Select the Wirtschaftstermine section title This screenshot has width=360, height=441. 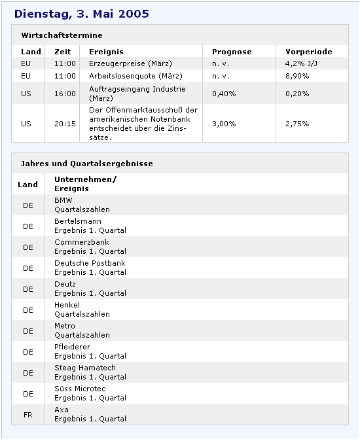tap(62, 35)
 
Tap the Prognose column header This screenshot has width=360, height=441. tap(232, 52)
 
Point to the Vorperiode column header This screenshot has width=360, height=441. tap(308, 52)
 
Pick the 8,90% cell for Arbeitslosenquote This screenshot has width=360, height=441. tap(297, 76)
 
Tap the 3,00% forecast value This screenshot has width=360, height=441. tap(224, 124)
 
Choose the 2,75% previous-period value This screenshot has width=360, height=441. tap(297, 124)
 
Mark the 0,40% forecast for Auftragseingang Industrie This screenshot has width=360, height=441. tap(224, 94)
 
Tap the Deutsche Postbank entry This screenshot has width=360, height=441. tap(90, 263)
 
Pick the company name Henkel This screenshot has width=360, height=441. tap(67, 305)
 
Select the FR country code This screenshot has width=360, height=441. tap(28, 415)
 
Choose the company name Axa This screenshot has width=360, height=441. tap(62, 410)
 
